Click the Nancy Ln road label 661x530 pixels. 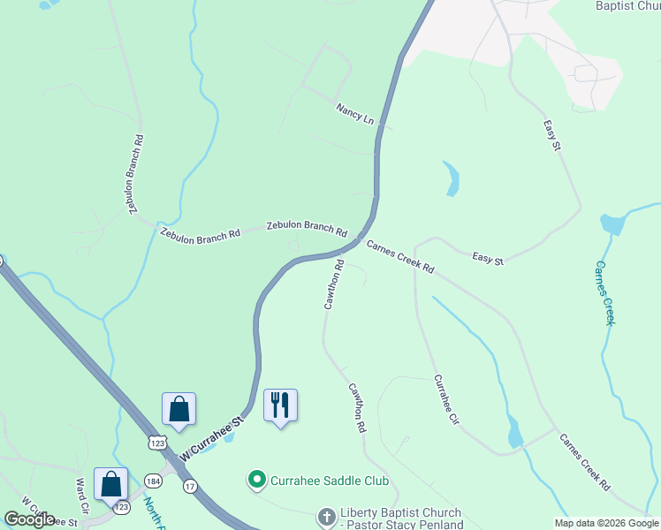tap(354, 114)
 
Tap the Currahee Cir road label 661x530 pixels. tap(447, 401)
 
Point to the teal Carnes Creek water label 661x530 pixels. tap(604, 292)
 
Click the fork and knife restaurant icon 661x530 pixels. tap(280, 405)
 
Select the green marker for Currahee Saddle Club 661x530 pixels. tap(257, 481)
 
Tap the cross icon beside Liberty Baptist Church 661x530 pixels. tap(326, 515)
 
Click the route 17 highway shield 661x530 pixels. tap(190, 486)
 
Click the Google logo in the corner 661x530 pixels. tap(30, 519)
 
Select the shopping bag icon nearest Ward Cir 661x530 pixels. tap(110, 485)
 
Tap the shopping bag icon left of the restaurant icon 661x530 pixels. tap(179, 409)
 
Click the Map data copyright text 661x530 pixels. tap(606, 523)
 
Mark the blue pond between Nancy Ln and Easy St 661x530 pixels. tap(451, 178)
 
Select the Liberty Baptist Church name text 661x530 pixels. tap(399, 513)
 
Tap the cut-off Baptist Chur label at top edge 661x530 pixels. tap(627, 6)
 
